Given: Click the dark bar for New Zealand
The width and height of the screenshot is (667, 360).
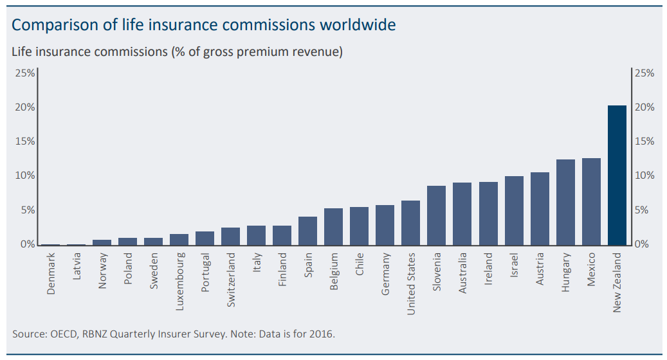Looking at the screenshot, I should tap(617, 175).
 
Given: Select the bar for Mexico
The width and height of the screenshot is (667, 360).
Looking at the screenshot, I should tap(591, 201).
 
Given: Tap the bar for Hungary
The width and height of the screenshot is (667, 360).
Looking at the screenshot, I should tap(565, 202).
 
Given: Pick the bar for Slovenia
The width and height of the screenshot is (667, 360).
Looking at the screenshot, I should tap(436, 215).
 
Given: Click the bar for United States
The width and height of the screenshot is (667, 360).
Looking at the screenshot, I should tap(410, 222).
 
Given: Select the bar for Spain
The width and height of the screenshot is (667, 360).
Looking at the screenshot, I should tap(307, 231).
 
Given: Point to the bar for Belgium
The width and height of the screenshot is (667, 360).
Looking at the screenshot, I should tap(333, 226).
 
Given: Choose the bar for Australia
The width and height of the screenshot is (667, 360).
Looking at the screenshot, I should tap(462, 213).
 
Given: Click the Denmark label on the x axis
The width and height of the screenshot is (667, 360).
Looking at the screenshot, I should tap(51, 274).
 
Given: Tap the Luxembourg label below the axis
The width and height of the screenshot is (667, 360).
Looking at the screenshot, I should tap(180, 282).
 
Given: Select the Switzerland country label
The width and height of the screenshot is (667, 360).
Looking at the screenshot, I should tap(232, 280).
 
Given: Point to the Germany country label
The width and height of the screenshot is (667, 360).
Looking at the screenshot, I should tap(385, 274).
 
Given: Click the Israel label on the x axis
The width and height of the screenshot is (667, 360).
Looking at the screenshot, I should tap(514, 265).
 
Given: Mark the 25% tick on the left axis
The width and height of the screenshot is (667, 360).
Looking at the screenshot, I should tap(25, 73).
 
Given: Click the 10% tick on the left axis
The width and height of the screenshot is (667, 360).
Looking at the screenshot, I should tap(25, 175).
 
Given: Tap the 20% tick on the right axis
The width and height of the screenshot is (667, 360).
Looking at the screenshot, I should tap(644, 107).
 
